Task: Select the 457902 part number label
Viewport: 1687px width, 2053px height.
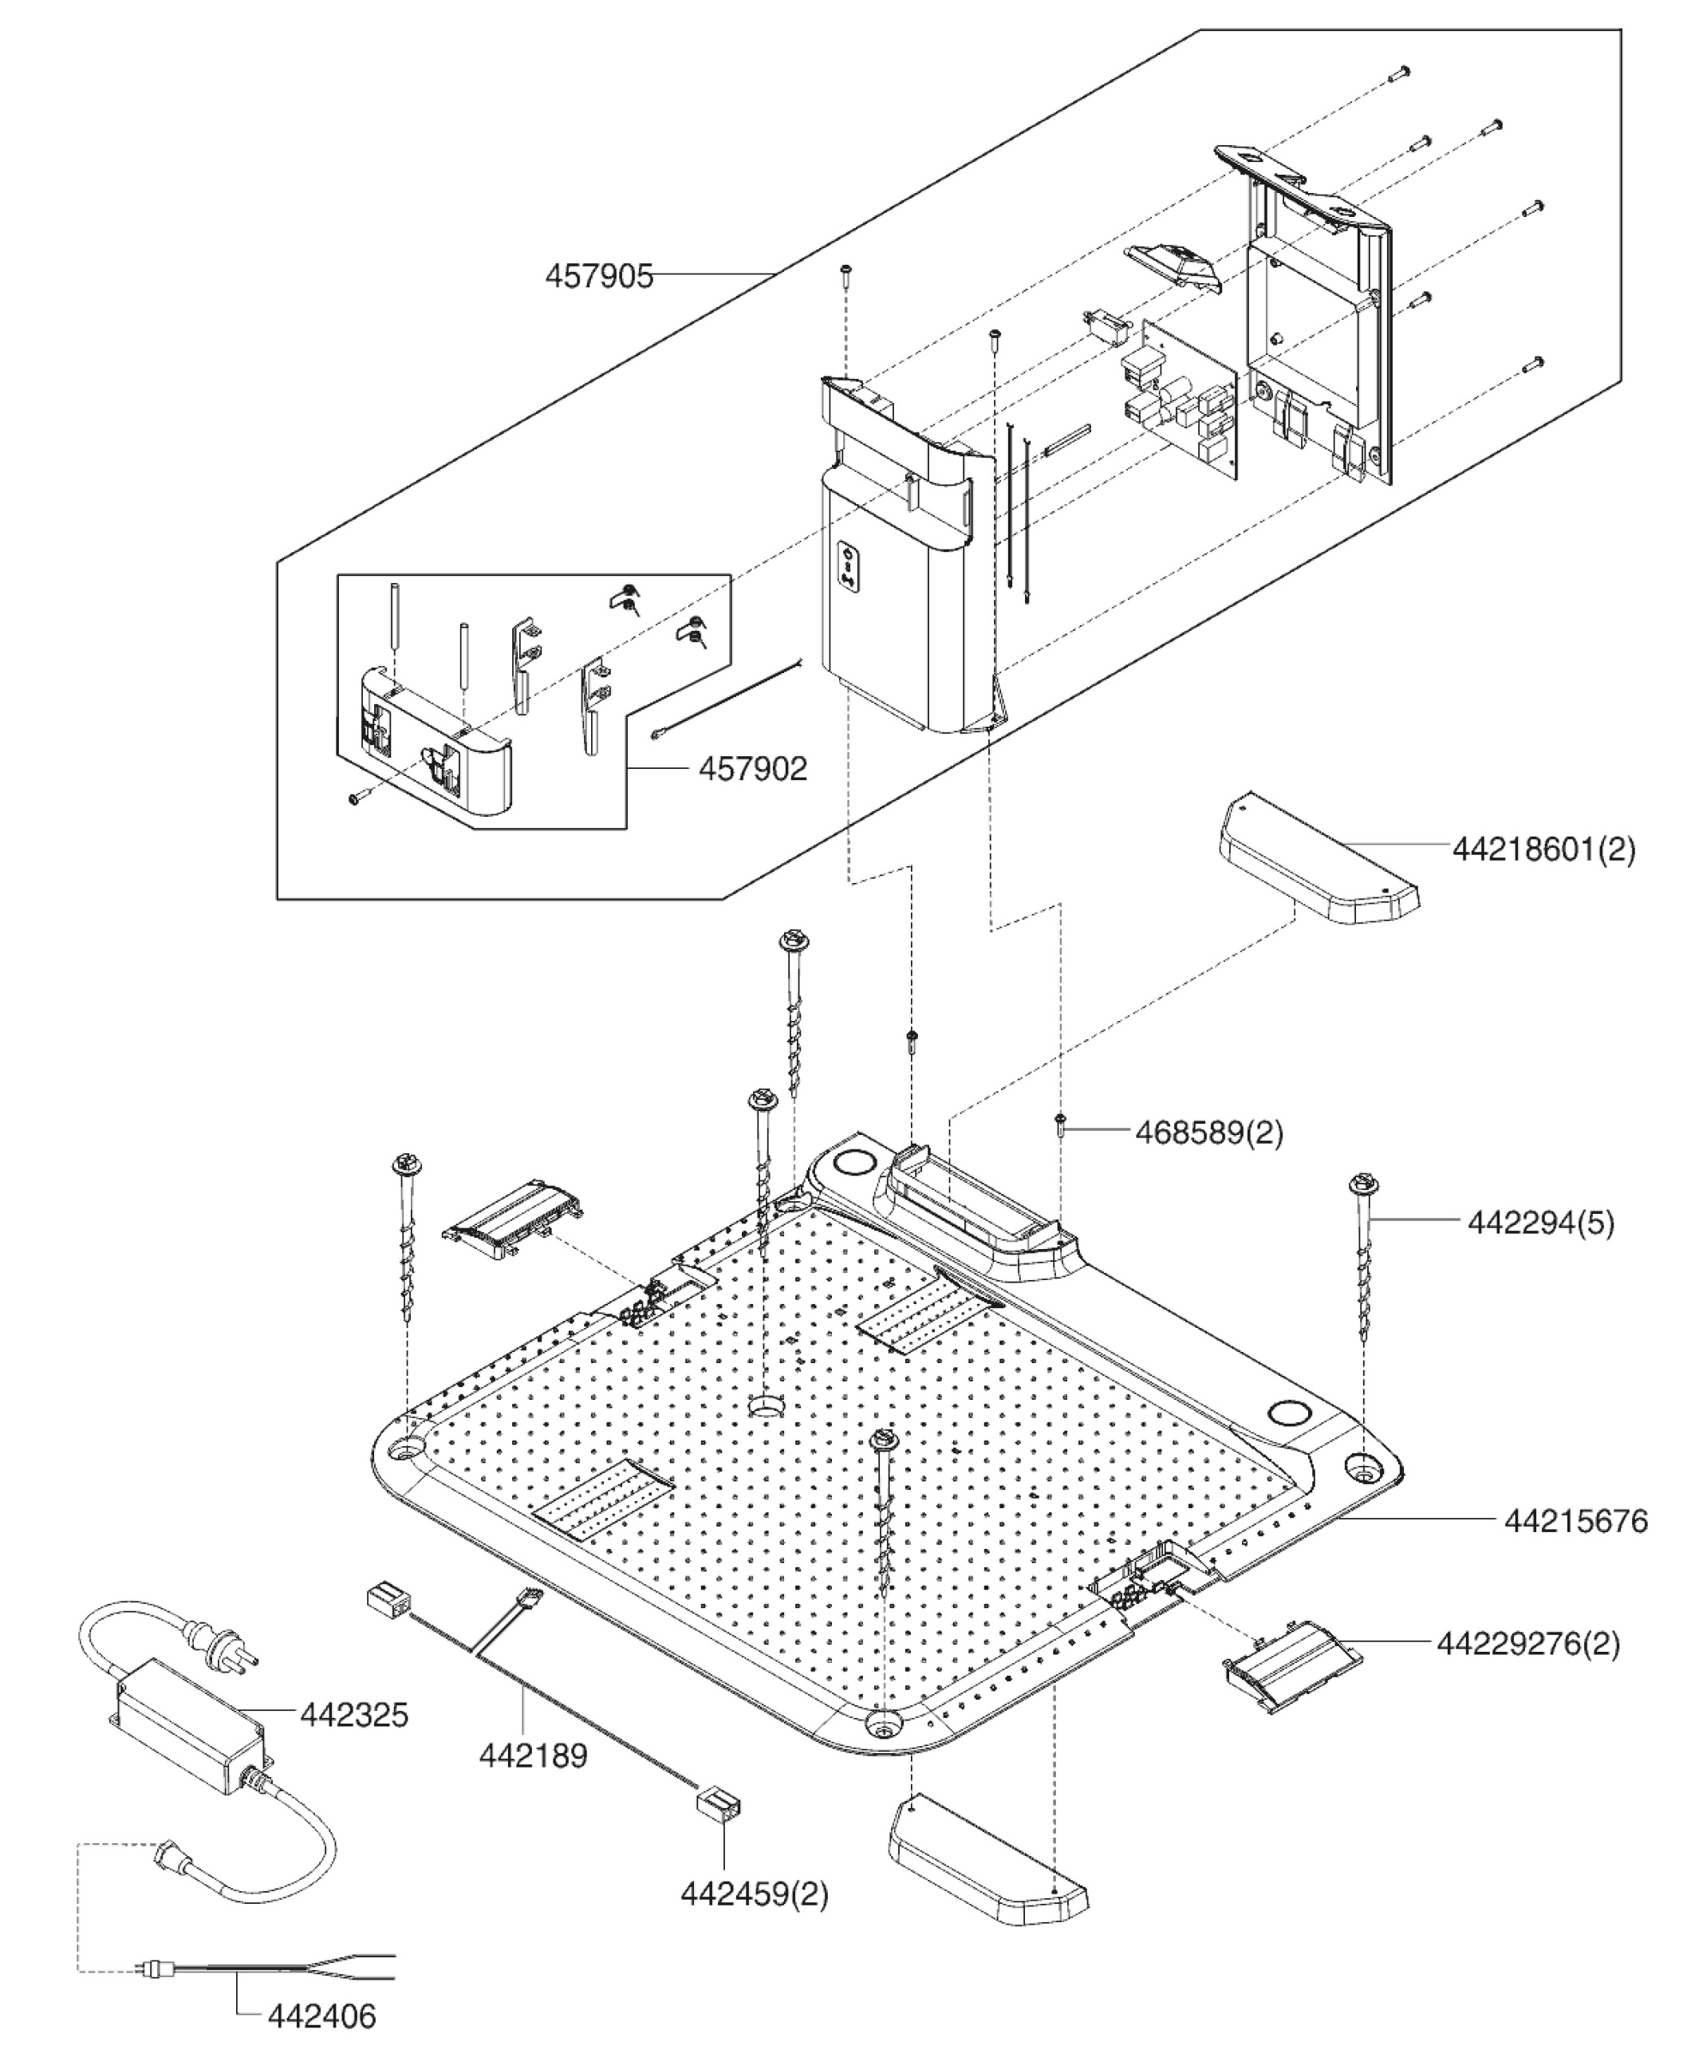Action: click(x=753, y=769)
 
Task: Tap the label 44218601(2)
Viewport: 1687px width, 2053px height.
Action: click(x=1544, y=849)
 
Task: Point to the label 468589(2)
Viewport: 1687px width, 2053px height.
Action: click(x=1209, y=1132)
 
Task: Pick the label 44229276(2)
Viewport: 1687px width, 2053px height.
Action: click(x=1528, y=1643)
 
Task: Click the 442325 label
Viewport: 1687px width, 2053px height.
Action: click(x=353, y=1715)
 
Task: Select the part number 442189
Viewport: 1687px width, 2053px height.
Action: click(x=534, y=1755)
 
